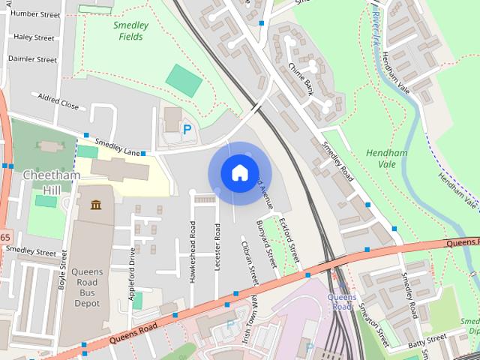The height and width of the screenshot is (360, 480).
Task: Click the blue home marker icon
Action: [x=239, y=173]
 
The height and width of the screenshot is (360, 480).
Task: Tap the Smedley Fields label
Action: [x=131, y=30]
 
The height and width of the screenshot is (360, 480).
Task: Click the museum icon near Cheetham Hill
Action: [x=96, y=205]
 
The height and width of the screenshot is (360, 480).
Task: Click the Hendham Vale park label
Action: [x=386, y=158]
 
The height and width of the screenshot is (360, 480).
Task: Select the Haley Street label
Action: [x=34, y=37]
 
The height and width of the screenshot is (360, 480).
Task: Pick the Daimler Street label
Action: [x=32, y=58]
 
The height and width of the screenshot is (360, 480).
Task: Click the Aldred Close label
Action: [x=59, y=103]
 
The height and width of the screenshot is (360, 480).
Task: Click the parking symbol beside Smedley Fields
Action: [x=187, y=129]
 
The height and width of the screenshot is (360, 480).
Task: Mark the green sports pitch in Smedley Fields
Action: [x=184, y=80]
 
